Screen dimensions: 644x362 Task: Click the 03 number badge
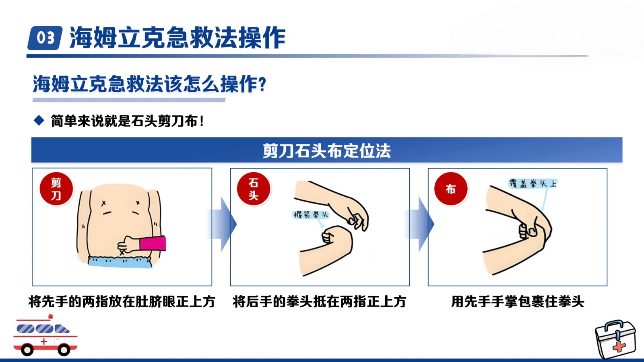pos(45,38)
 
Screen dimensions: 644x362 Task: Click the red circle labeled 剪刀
pos(56,189)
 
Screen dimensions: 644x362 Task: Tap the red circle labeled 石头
pos(254,189)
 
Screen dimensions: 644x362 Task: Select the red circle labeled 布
pos(451,189)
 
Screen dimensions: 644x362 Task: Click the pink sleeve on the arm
pos(153,244)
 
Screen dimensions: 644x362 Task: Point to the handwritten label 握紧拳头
pos(310,215)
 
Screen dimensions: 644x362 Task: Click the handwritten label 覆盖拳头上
pos(533,183)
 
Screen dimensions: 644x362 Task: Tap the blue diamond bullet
pos(39,120)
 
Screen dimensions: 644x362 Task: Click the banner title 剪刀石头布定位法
pos(326,150)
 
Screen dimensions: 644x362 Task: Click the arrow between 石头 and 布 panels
pos(420,224)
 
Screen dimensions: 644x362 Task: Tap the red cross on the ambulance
pos(44,341)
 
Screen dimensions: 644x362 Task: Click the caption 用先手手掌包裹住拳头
pos(518,302)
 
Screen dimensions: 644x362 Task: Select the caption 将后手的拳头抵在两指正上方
pos(320,302)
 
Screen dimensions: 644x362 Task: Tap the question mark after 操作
pos(262,84)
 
